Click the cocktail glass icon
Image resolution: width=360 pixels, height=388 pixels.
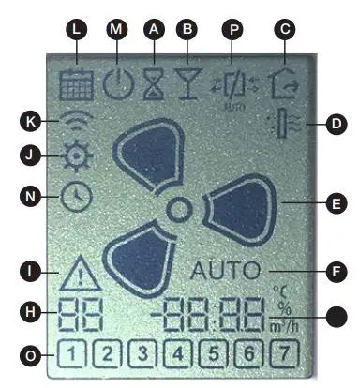pos(189,87)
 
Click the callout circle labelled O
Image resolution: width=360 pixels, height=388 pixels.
pos(33,354)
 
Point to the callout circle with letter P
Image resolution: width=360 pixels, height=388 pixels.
pos(233,29)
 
